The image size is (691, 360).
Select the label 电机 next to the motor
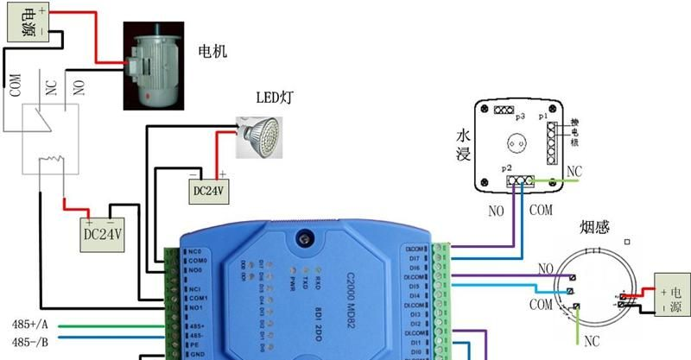click(212, 52)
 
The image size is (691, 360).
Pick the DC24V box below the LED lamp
click(208, 190)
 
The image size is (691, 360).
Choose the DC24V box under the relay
click(104, 234)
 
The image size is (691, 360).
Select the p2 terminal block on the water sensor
click(519, 181)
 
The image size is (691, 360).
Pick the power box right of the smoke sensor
click(670, 292)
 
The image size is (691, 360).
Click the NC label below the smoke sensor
click(591, 340)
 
